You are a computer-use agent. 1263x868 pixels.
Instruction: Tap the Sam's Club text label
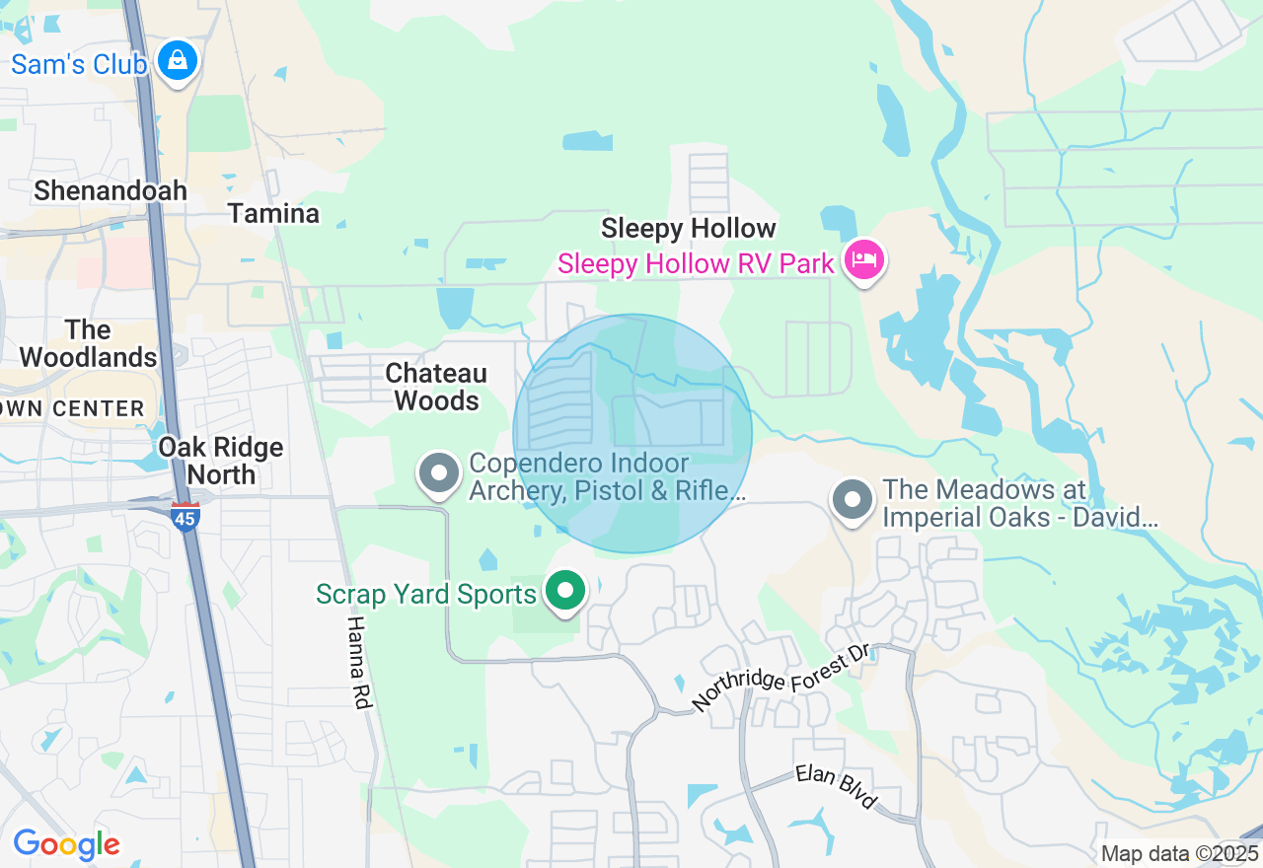click(x=79, y=65)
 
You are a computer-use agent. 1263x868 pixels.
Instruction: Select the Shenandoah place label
click(x=111, y=190)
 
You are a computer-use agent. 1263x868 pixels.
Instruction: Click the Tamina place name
click(x=273, y=213)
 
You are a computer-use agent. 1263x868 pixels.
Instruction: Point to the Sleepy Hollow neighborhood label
click(x=689, y=229)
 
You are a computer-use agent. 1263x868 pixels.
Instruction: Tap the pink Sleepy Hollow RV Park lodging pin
click(x=864, y=260)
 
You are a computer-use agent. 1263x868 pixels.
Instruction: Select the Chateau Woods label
click(x=436, y=387)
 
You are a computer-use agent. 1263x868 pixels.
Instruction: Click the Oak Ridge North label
click(x=221, y=461)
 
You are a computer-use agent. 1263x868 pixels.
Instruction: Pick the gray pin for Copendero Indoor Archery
click(x=439, y=473)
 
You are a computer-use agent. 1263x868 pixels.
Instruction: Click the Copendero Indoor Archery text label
click(x=607, y=476)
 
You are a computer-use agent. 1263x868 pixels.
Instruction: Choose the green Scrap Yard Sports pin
click(x=565, y=592)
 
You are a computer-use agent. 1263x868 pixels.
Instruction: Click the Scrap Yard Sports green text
click(x=426, y=594)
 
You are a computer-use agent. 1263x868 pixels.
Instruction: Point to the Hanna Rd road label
click(x=356, y=662)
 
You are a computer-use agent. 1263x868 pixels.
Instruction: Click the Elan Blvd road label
click(x=836, y=787)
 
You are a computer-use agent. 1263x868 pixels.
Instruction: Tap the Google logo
click(x=66, y=844)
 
